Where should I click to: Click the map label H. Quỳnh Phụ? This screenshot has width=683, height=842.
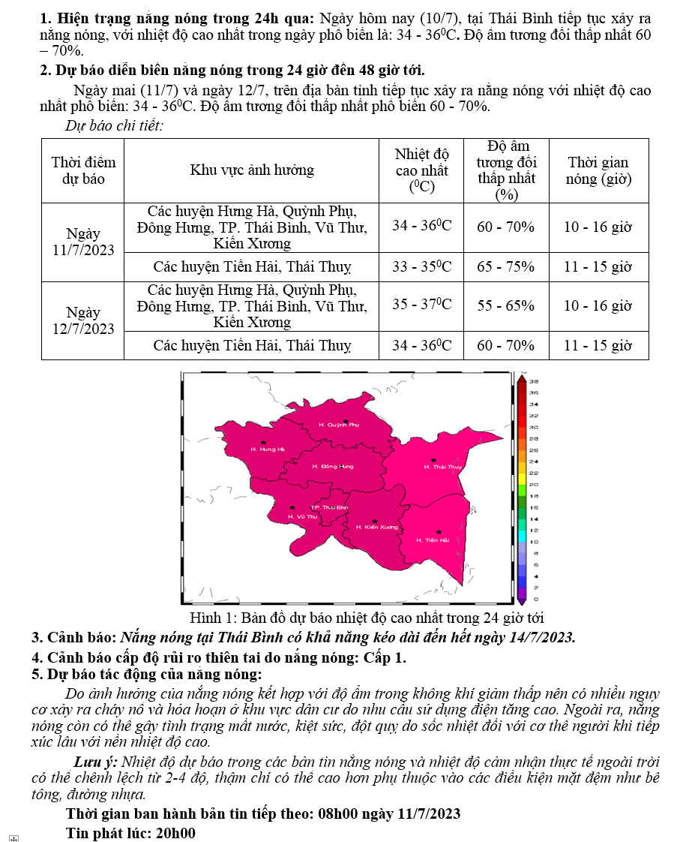pyautogui.click(x=340, y=425)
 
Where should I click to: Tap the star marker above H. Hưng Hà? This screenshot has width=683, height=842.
pyautogui.click(x=263, y=443)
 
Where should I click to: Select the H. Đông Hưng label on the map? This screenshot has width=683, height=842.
pyautogui.click(x=332, y=466)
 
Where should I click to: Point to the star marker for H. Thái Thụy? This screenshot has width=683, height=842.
pyautogui.click(x=433, y=460)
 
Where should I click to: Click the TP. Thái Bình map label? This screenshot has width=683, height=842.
pyautogui.click(x=329, y=508)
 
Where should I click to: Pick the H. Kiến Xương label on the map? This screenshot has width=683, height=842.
pyautogui.click(x=377, y=527)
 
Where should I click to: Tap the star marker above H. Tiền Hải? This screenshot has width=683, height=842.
pyautogui.click(x=439, y=532)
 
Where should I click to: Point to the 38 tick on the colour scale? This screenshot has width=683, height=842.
pyautogui.click(x=535, y=381)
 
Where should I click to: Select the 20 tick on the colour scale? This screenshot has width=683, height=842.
pyautogui.click(x=534, y=484)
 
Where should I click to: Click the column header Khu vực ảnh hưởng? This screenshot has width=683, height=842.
pyautogui.click(x=252, y=170)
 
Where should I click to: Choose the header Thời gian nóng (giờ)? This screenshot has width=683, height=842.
pyautogui.click(x=598, y=170)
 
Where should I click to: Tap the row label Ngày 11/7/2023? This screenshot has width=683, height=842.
pyautogui.click(x=83, y=242)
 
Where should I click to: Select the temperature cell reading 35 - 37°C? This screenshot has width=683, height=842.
pyautogui.click(x=422, y=305)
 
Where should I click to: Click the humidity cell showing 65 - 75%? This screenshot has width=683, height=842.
pyautogui.click(x=506, y=266)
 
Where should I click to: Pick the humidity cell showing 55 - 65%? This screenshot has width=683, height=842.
pyautogui.click(x=506, y=305)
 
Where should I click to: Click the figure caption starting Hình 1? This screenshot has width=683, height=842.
pyautogui.click(x=367, y=618)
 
